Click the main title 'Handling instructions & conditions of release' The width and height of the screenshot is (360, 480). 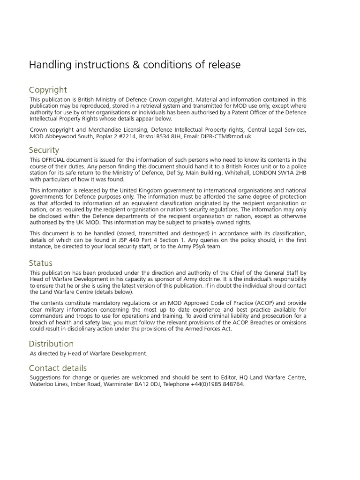tap(135, 65)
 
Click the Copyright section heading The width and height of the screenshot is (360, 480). tap(48, 90)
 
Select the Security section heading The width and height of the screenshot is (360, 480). tap(44, 150)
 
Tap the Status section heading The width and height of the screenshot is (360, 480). tap(41, 263)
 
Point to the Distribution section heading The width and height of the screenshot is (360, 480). tap(51, 344)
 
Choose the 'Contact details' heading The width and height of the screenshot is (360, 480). tap(58, 368)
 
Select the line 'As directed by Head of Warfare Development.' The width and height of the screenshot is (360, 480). tap(89, 353)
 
